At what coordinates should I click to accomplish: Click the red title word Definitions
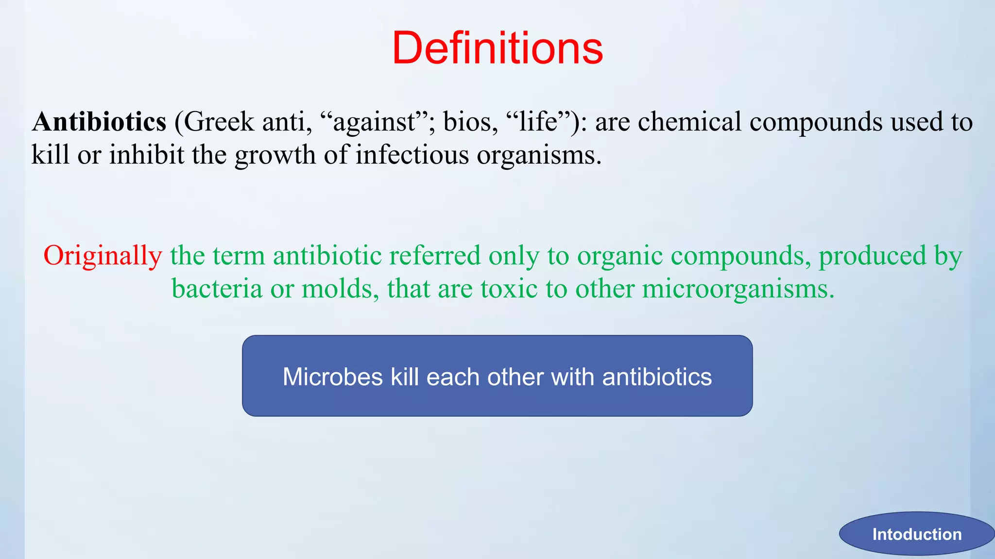[497, 48]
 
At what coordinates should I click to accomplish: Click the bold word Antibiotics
[99, 122]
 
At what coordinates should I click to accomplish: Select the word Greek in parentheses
[219, 122]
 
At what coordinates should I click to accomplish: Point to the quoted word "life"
[538, 122]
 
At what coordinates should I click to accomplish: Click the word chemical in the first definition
[689, 122]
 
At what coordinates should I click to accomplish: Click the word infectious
[412, 155]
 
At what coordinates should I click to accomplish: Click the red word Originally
[103, 256]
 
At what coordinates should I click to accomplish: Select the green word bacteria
[217, 289]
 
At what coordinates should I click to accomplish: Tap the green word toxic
[509, 289]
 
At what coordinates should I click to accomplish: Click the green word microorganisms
[738, 290]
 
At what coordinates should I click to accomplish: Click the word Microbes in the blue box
[333, 377]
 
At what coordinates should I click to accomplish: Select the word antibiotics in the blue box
[657, 377]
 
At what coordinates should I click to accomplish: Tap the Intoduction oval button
[916, 534]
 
